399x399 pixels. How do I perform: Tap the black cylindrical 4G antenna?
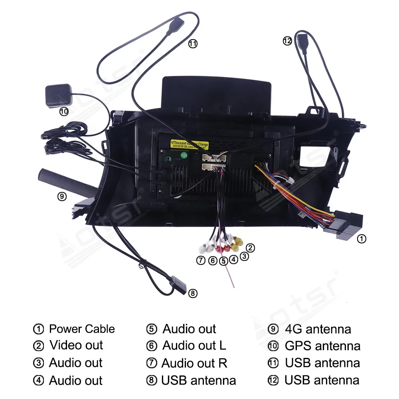66,182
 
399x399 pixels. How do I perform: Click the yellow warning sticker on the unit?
189,143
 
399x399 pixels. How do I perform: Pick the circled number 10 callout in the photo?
64,112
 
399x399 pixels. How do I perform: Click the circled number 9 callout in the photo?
62,196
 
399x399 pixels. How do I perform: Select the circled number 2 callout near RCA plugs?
250,248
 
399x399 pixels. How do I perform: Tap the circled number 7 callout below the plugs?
201,261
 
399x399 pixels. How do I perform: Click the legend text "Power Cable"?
82,329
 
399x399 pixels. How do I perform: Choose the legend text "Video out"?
76,346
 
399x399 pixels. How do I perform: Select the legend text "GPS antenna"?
322,346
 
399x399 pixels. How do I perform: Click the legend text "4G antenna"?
318,329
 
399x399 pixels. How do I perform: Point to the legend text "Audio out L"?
194,346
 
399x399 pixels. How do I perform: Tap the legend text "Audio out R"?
194,363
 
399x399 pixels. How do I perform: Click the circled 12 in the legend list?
273,381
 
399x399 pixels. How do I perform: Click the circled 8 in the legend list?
152,381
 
